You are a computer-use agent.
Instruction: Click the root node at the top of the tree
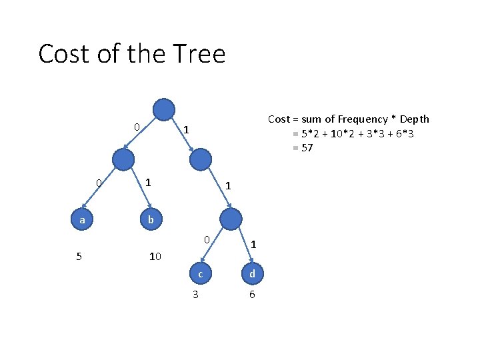tap(164, 109)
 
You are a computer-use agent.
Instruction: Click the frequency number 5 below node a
tap(79, 255)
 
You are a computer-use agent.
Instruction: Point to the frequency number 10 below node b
tap(155, 255)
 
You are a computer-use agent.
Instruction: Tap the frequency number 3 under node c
tap(195, 294)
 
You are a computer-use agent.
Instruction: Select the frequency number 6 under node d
tap(251, 294)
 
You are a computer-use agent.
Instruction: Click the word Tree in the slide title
tap(199, 53)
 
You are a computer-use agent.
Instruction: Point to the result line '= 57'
tap(303, 147)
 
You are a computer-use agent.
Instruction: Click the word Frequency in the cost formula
tap(362, 119)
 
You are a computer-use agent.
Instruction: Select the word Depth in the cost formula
tap(415, 119)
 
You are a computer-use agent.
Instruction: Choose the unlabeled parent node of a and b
tap(123, 159)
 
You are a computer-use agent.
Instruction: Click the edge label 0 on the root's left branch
tap(136, 127)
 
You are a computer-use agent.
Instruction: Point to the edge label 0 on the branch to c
tap(207, 239)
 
